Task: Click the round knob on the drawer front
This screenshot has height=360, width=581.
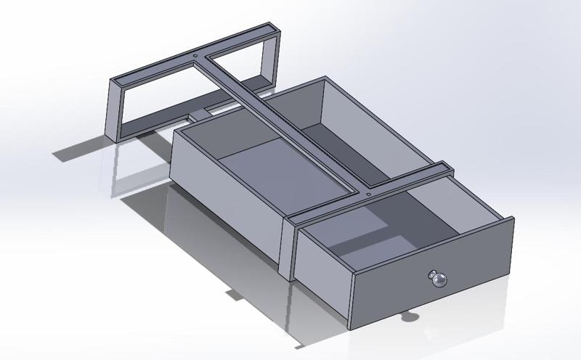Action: click(438, 278)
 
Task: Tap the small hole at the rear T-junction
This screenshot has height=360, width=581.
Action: click(198, 54)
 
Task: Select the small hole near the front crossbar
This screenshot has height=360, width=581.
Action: click(369, 194)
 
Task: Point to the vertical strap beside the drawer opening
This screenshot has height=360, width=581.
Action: click(288, 247)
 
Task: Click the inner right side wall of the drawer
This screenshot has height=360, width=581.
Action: click(465, 203)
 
